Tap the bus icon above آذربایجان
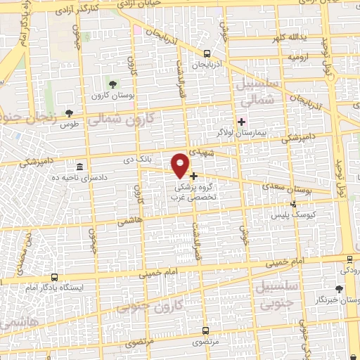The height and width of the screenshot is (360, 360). tap(206, 53)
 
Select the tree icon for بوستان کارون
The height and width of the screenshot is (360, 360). tap(112, 84)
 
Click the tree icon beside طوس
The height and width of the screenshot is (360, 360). tap(68, 112)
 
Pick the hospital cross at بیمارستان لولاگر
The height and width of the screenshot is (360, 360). tap(241, 122)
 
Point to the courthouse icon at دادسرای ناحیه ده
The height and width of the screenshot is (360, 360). tap(78, 167)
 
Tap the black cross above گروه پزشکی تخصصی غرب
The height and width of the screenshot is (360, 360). tap(193, 176)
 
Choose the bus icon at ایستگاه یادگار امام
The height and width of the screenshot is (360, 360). tap(54, 278)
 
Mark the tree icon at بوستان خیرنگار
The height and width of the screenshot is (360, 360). tap(340, 290)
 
